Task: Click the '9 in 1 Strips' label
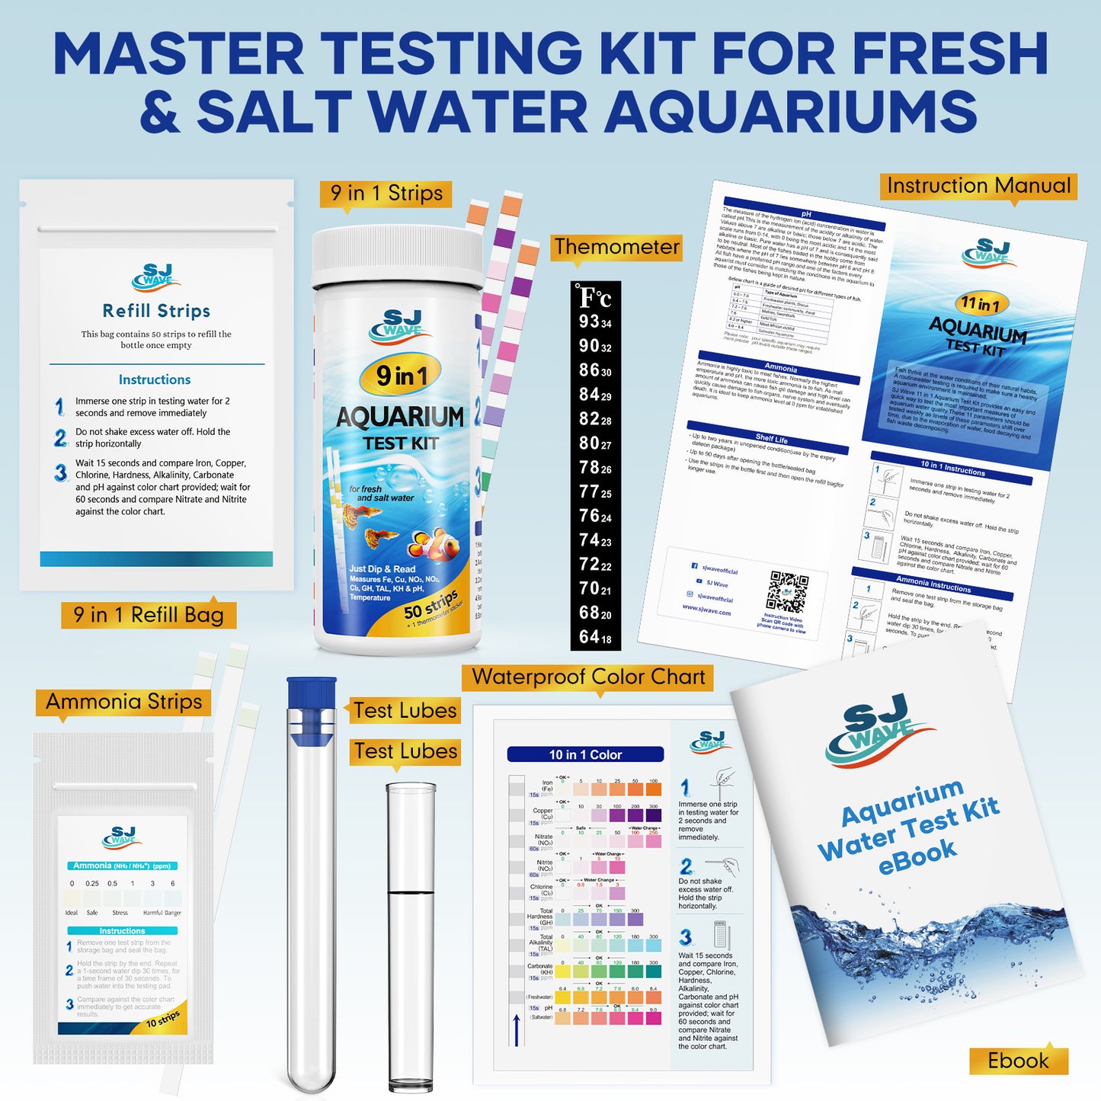(386, 194)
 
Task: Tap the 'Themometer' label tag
(616, 247)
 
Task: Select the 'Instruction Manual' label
(978, 186)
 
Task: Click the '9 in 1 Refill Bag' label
(149, 615)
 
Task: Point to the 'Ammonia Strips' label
(123, 702)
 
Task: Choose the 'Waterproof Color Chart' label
(588, 677)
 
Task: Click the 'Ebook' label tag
(1018, 1060)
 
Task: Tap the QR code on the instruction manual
(788, 592)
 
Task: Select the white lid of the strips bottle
(398, 256)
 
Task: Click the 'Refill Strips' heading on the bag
(156, 311)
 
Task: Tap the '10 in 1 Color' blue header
(585, 754)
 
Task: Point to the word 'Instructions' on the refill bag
(155, 379)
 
